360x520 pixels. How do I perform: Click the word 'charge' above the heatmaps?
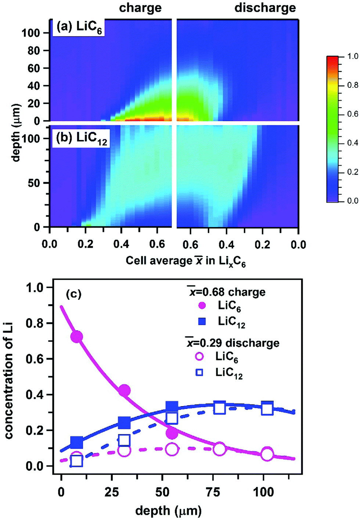click(x=140, y=8)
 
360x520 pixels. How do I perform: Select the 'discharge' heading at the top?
click(x=265, y=8)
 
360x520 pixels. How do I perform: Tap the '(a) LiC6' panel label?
click(x=79, y=27)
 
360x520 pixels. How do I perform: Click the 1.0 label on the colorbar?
click(x=352, y=56)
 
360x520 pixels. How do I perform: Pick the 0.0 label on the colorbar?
click(x=352, y=201)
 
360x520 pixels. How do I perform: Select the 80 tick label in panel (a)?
click(x=33, y=51)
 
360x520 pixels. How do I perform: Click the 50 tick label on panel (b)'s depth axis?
click(x=33, y=183)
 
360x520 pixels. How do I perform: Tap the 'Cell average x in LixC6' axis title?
click(x=186, y=261)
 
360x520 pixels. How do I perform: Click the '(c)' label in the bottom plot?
click(x=73, y=294)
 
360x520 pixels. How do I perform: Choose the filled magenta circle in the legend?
click(x=202, y=306)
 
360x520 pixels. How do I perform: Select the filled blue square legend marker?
click(x=202, y=321)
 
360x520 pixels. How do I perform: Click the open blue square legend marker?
click(x=199, y=372)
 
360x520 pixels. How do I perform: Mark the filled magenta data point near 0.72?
click(x=76, y=337)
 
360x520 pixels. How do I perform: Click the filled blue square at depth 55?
click(x=172, y=406)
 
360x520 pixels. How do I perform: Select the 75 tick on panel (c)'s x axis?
click(x=213, y=492)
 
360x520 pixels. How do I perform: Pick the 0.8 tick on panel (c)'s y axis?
click(x=35, y=323)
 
